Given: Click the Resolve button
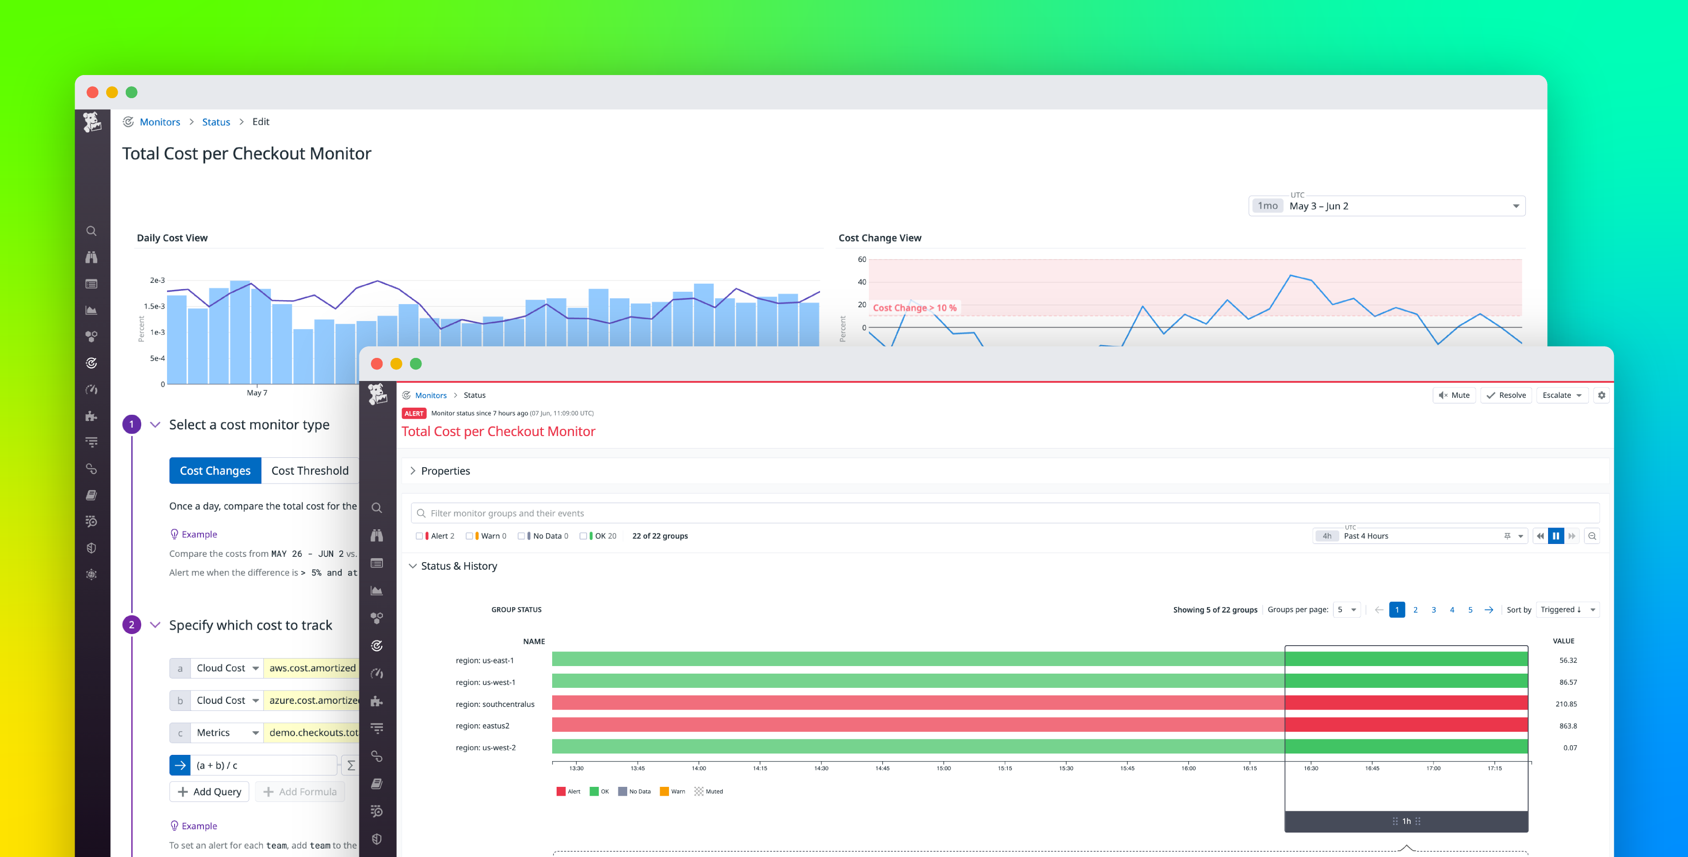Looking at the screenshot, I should point(1506,395).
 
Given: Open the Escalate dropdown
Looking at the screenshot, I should point(1561,395).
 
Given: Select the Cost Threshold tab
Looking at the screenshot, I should point(310,470).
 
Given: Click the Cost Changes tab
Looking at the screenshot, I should point(215,470).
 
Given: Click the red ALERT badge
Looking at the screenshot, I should point(414,413).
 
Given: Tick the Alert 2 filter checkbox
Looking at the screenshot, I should point(419,536).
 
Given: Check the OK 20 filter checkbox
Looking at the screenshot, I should point(583,536).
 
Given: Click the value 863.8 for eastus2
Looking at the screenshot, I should point(1568,726).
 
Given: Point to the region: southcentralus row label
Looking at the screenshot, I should point(495,704).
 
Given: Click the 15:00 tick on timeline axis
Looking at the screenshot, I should point(943,768).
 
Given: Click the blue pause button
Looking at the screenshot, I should point(1556,536).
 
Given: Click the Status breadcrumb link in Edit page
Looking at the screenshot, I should point(215,122).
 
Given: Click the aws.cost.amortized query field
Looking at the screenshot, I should point(312,668).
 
